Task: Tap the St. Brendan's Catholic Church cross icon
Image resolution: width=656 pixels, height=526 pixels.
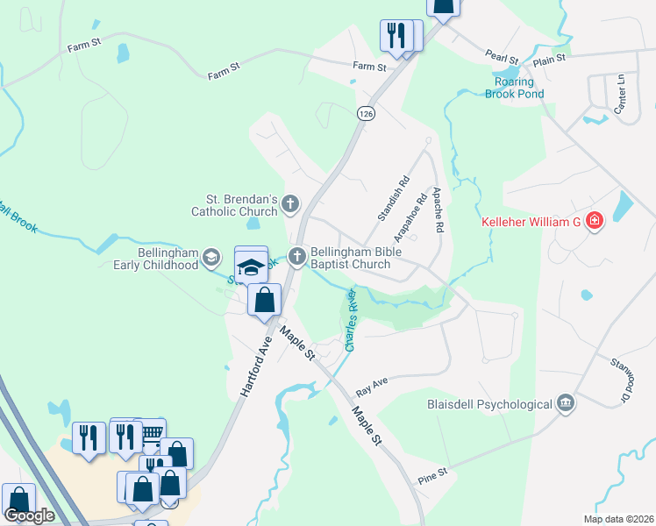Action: (290, 205)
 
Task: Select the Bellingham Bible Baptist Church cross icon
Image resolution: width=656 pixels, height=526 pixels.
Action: (297, 256)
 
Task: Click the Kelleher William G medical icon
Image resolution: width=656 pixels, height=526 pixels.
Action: (595, 221)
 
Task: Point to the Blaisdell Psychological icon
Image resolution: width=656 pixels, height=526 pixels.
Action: (566, 403)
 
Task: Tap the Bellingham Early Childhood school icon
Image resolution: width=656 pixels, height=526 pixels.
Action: (210, 257)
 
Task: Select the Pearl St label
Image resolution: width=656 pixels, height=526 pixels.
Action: (503, 54)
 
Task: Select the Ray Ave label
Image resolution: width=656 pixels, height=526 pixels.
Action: (372, 387)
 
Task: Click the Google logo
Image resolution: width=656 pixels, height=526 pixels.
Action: (29, 515)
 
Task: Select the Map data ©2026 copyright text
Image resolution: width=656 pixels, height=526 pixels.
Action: (617, 519)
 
